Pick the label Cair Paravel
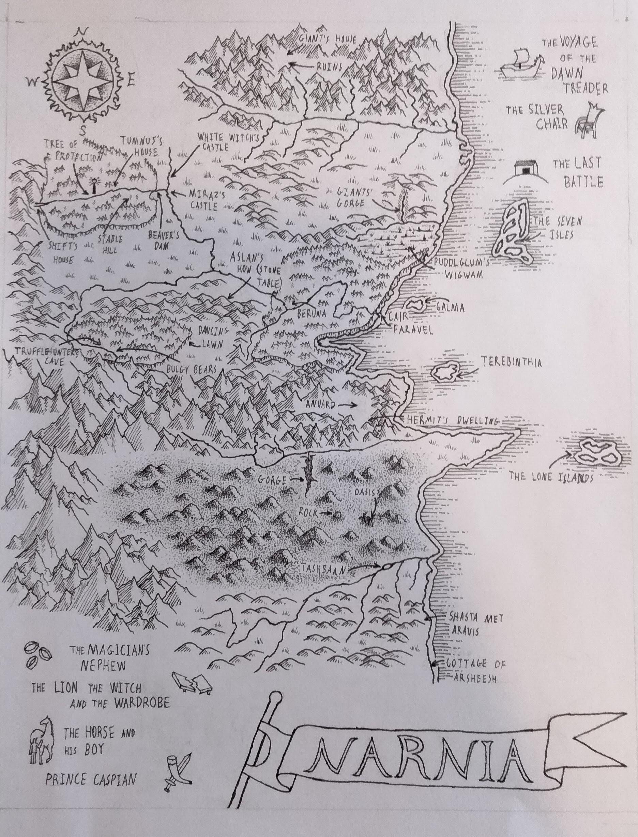(x=410, y=323)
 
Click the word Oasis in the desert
(x=365, y=492)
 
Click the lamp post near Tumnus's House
(x=93, y=185)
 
